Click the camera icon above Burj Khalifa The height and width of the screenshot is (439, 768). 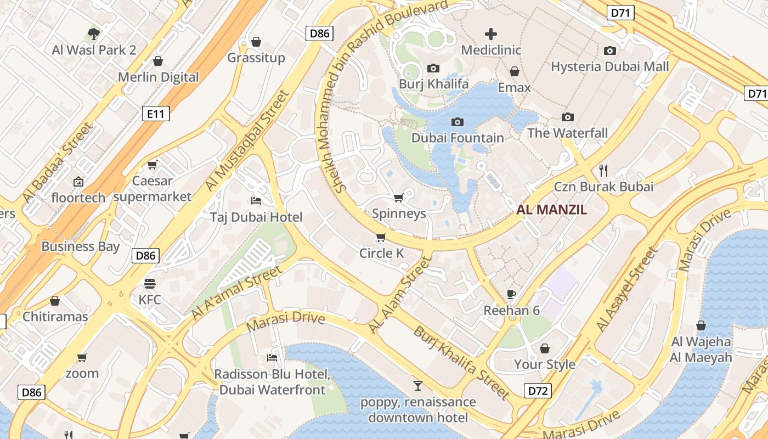coord(433,68)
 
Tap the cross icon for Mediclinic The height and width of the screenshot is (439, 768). coord(491,34)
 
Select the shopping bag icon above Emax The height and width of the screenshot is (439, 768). coord(515,71)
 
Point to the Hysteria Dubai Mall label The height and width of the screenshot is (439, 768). coord(609,66)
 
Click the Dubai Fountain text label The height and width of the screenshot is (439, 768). coord(458,138)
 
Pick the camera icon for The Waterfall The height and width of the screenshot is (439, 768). coord(568,117)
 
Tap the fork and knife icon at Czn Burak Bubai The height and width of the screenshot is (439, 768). coord(603,170)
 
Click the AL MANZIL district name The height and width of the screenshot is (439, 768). coord(552,209)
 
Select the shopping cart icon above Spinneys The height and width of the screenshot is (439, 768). coord(399,198)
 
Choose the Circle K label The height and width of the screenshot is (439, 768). coord(381,253)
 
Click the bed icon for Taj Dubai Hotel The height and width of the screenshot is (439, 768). coord(256,201)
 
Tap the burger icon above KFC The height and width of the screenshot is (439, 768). coord(150,284)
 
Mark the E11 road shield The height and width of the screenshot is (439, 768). coord(156,114)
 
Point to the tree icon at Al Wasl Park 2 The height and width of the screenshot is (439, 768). coord(94,34)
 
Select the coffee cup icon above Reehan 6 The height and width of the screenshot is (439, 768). coord(511,294)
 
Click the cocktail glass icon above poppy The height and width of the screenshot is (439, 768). coord(418,385)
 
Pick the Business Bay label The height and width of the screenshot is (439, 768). coord(80,246)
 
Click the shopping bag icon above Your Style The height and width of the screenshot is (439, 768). coord(545,348)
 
